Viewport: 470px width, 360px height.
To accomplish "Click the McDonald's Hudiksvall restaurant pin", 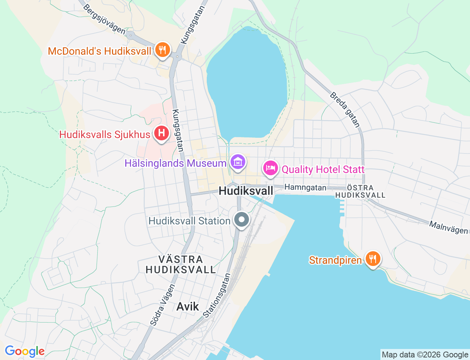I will click(x=162, y=50).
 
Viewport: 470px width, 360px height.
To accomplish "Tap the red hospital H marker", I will click(x=161, y=133).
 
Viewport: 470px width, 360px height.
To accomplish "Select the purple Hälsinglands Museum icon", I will click(x=238, y=162).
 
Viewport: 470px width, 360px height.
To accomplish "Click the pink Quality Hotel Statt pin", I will click(x=271, y=169).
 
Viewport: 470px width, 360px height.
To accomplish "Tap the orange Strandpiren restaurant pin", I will click(x=373, y=259).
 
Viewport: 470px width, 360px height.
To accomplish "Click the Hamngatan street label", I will click(x=305, y=187).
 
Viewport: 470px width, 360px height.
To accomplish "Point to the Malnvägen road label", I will click(x=448, y=228).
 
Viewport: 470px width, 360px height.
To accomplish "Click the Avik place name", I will click(x=188, y=306).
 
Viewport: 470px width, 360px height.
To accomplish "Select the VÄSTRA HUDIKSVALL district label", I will click(x=181, y=264).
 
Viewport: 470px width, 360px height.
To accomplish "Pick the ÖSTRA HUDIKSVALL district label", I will click(x=360, y=191).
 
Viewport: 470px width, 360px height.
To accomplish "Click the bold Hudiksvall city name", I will click(x=246, y=191).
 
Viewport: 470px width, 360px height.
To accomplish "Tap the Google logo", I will click(x=24, y=352).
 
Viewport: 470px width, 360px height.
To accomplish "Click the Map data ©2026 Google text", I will click(x=425, y=354).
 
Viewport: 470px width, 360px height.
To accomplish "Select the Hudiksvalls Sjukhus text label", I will click(x=105, y=134).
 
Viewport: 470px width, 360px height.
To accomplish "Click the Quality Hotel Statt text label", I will click(x=323, y=169).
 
